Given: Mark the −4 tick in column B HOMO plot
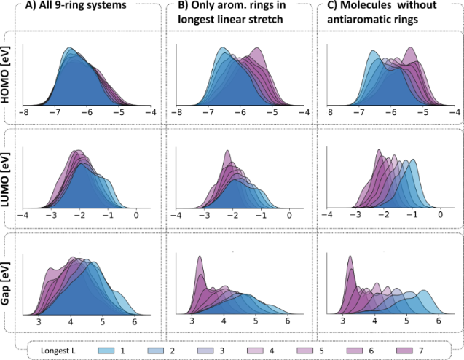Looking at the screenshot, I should (x=304, y=114).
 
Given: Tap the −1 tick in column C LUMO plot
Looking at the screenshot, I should (x=412, y=217).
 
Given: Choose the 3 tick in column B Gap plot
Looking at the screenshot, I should (x=192, y=321).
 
